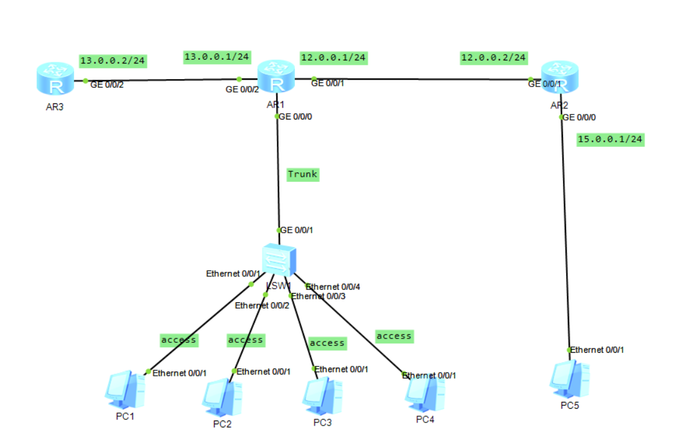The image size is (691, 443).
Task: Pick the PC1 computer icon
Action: tap(125, 389)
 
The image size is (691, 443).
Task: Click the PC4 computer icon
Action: tap(425, 392)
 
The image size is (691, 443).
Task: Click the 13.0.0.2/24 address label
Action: tap(113, 60)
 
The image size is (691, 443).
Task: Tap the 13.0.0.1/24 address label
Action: tap(217, 57)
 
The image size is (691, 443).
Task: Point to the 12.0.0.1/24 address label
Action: tap(333, 58)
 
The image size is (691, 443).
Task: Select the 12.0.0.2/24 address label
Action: tap(493, 58)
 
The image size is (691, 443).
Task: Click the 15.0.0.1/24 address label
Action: tap(610, 139)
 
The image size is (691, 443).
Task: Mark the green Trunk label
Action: tap(303, 174)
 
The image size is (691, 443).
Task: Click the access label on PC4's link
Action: tap(394, 336)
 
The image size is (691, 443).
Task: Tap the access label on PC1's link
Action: tap(179, 340)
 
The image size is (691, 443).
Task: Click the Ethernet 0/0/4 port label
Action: tap(333, 287)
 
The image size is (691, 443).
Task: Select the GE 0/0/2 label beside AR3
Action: tap(107, 85)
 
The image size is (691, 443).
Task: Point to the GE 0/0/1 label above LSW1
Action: tap(297, 230)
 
